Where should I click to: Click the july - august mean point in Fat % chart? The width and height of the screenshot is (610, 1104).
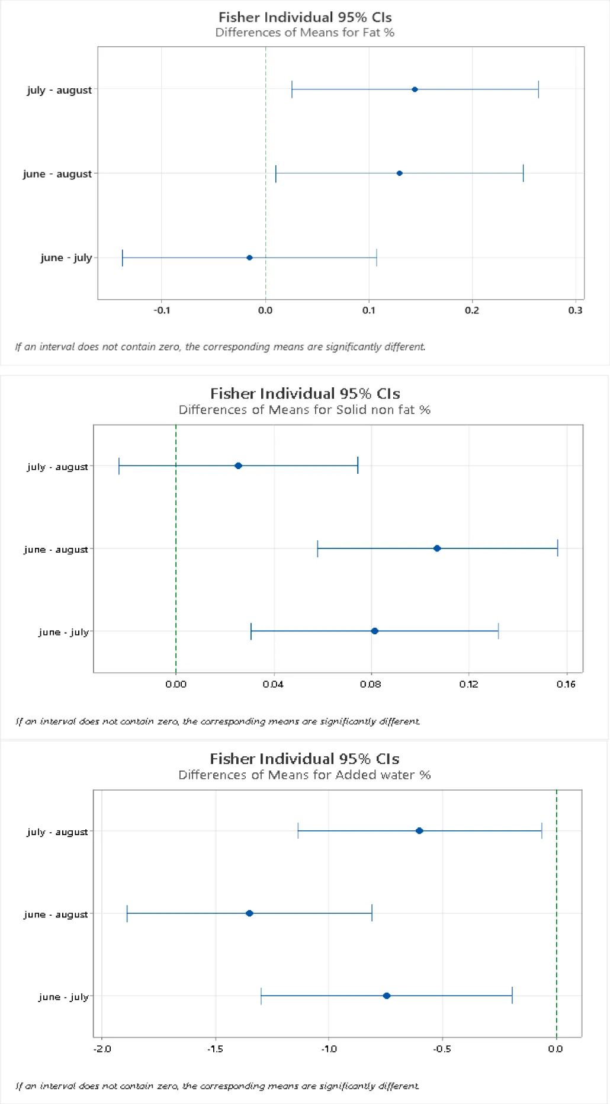(x=415, y=89)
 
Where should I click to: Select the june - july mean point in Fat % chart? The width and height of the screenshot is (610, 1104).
(x=249, y=258)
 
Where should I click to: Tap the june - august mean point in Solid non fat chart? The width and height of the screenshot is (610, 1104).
(x=437, y=548)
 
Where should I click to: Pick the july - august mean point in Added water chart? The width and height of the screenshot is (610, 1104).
(x=419, y=831)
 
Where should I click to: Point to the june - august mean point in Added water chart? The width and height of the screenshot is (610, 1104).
(x=249, y=913)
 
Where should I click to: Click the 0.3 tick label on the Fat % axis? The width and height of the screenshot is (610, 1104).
(x=575, y=310)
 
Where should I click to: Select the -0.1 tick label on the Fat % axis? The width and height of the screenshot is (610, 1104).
(x=162, y=310)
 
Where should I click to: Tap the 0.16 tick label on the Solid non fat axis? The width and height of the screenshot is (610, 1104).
(x=566, y=684)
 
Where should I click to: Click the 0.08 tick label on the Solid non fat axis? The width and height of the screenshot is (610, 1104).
(x=371, y=684)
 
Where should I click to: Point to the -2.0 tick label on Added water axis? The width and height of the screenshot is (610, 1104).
(x=102, y=1049)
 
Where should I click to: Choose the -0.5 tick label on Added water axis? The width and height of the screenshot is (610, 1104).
(x=442, y=1049)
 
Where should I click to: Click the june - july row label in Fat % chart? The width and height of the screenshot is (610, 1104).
(x=66, y=258)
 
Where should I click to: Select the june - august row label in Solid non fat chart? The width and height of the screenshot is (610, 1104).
(x=56, y=550)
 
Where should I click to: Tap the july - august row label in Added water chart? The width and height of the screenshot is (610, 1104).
(x=57, y=832)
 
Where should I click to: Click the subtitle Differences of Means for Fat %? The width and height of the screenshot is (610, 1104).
(x=304, y=33)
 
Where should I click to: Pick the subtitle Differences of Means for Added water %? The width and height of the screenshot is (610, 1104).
(x=304, y=775)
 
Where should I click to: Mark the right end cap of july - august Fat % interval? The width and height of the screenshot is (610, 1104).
(x=538, y=89)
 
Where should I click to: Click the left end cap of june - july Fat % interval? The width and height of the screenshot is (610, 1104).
(x=123, y=258)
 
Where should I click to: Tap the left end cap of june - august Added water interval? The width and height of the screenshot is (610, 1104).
(x=127, y=913)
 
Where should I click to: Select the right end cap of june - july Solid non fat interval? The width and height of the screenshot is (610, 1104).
(x=498, y=631)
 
